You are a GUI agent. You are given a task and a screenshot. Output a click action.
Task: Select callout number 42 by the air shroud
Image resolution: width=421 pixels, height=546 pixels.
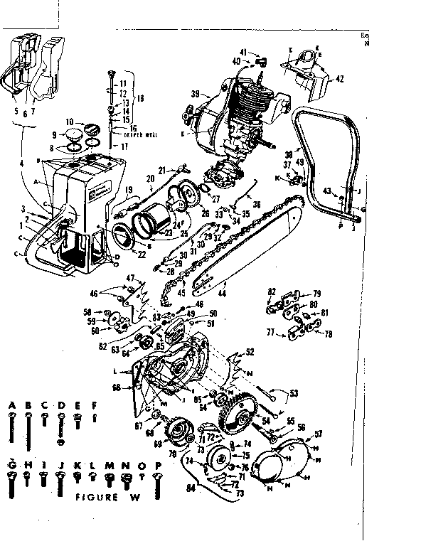click(x=340, y=80)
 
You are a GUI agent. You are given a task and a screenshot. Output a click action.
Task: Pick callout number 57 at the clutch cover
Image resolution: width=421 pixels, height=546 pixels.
click(x=317, y=433)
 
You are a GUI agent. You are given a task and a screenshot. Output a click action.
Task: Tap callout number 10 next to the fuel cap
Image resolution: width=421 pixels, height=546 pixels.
click(x=70, y=122)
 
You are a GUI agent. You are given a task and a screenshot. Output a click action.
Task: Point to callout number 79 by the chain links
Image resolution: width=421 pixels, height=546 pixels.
click(x=317, y=293)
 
